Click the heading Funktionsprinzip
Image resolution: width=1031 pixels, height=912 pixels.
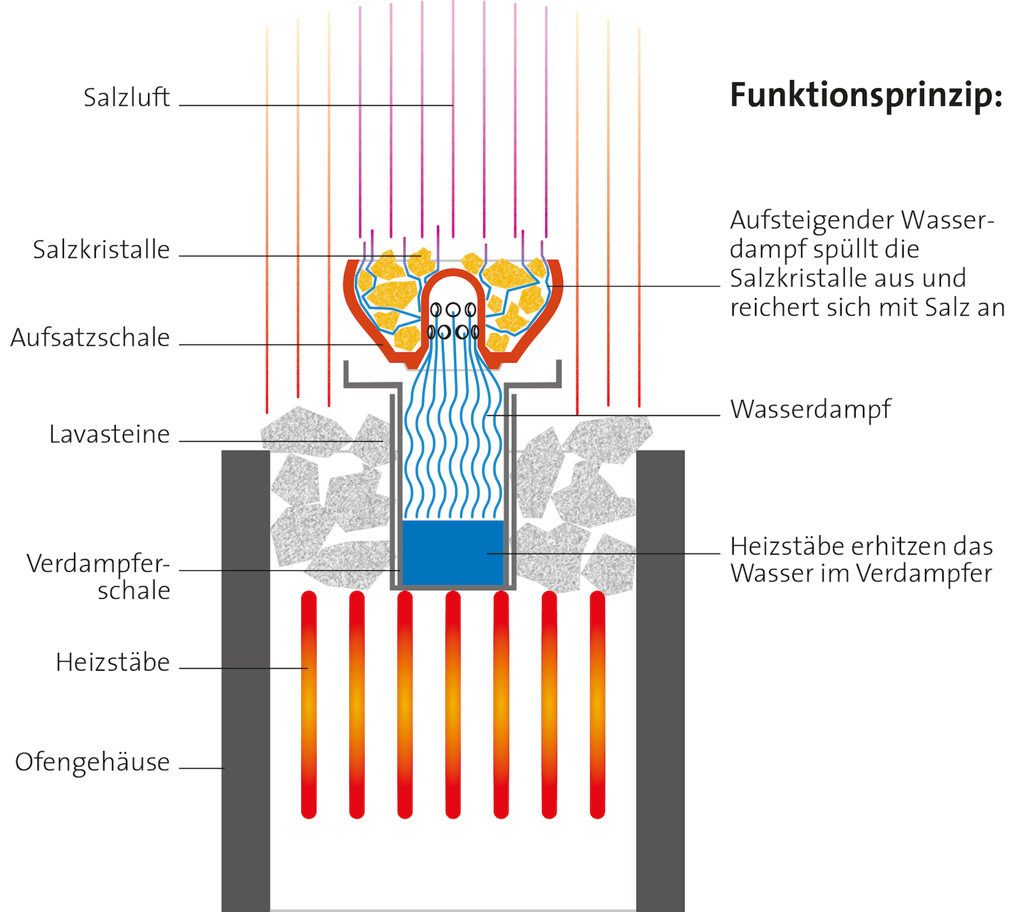pyautogui.click(x=866, y=95)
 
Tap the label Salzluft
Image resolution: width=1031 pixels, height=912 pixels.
pyautogui.click(x=127, y=98)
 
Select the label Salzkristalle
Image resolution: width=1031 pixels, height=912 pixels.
pyautogui.click(x=101, y=250)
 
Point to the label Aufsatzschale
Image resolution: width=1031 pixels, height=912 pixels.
pyautogui.click(x=90, y=338)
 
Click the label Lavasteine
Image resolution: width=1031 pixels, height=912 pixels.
pyautogui.click(x=109, y=434)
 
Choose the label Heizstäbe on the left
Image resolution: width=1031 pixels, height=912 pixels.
pyautogui.click(x=113, y=662)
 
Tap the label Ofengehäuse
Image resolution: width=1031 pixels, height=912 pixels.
pyautogui.click(x=92, y=761)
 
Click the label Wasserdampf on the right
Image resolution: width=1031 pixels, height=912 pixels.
pyautogui.click(x=810, y=409)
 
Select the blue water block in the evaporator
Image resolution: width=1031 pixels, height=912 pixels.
pyautogui.click(x=453, y=553)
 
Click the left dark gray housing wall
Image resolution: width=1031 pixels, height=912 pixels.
pyautogui.click(x=245, y=680)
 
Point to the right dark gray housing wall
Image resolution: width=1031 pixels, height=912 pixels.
pyautogui.click(x=660, y=680)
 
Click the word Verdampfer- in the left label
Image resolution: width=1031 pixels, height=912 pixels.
pyautogui.click(x=98, y=564)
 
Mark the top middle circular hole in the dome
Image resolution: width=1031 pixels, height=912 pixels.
pyautogui.click(x=453, y=309)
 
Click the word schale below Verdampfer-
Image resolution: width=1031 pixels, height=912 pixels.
pyautogui.click(x=133, y=591)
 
